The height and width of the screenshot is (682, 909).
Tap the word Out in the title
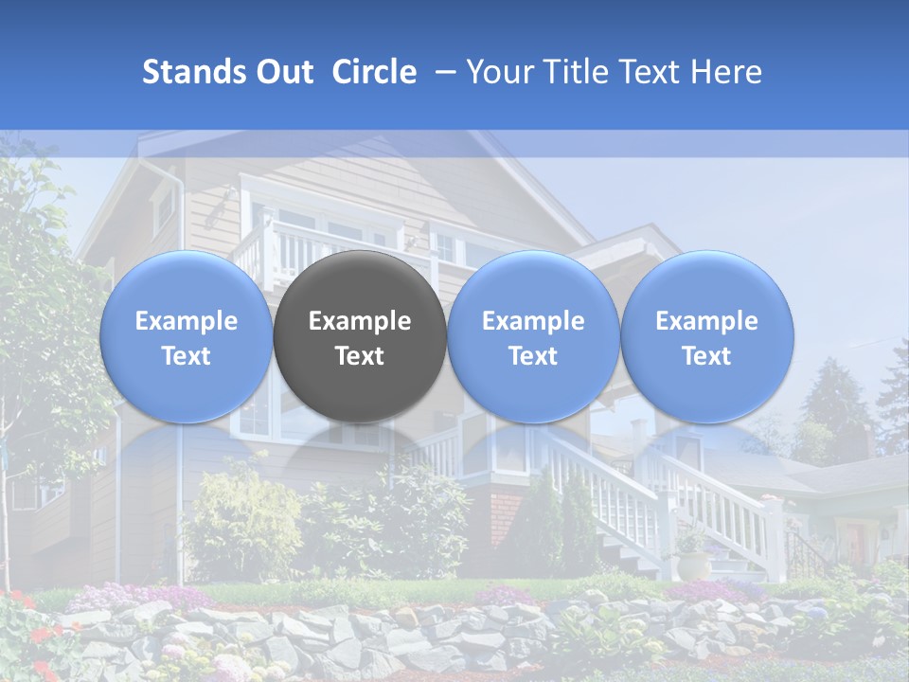coord(285,72)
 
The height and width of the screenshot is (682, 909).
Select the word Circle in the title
coord(374,72)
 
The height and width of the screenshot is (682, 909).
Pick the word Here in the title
coord(726,72)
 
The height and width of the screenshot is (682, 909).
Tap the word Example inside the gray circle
coord(360,321)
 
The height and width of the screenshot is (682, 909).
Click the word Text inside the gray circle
coord(360,356)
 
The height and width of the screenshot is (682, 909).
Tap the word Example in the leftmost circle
coord(186,321)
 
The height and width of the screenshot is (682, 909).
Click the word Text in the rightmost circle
coord(706,356)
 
